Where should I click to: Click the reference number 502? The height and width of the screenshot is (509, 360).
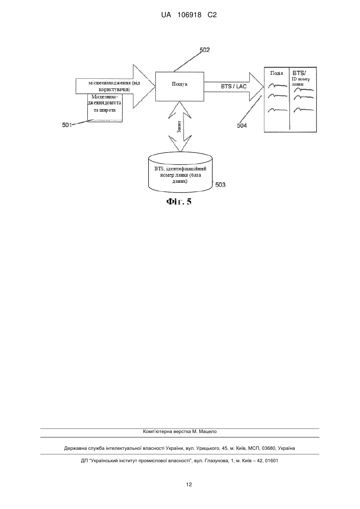point(205,50)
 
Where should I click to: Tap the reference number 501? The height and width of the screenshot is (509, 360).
point(67,125)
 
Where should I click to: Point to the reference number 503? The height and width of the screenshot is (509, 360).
point(220,185)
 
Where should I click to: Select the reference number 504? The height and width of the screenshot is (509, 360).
point(242,126)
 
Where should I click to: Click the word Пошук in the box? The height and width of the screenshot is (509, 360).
point(180,84)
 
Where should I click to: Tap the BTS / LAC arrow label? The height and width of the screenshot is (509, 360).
point(234,86)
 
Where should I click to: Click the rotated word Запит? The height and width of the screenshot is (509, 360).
point(179,127)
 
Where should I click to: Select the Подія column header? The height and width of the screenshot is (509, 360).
point(276,73)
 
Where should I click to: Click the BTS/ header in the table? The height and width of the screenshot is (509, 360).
point(299,73)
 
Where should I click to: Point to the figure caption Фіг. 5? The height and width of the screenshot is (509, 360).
point(179,202)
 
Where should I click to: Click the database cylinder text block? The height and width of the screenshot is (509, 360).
point(180,175)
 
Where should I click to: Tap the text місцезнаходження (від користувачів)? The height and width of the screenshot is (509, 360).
point(114,86)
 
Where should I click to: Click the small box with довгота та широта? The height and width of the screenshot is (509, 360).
point(105,108)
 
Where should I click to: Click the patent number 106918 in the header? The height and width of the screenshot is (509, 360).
point(189,15)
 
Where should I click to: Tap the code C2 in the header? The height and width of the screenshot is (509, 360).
point(212,15)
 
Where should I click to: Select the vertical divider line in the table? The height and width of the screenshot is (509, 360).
point(289,99)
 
